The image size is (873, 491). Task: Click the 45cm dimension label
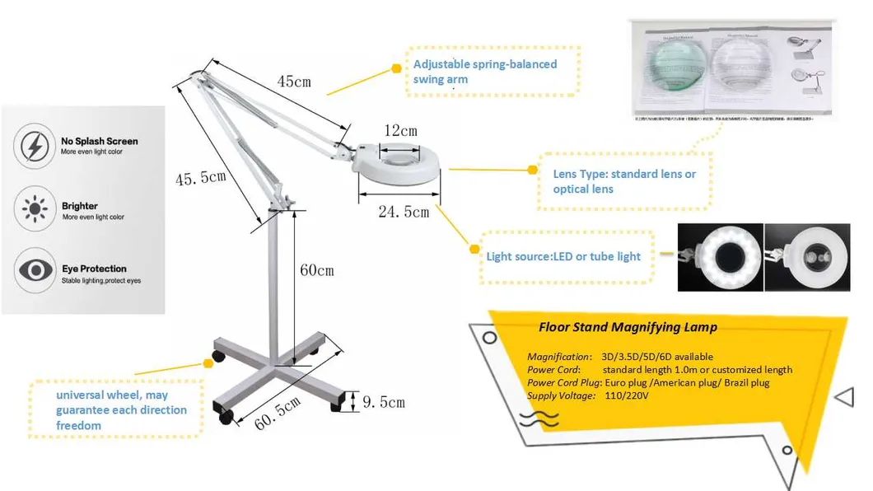click(x=293, y=82)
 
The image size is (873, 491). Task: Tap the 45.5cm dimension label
click(x=201, y=178)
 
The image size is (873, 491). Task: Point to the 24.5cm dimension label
click(x=404, y=213)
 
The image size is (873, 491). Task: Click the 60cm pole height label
click(x=317, y=270)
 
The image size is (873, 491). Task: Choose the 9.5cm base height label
click(x=384, y=402)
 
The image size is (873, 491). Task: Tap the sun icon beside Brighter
click(x=35, y=210)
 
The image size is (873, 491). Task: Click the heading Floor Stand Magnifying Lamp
click(x=628, y=327)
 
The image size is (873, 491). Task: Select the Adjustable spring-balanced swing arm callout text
click(x=485, y=72)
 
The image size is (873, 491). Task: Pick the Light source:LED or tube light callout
click(x=563, y=257)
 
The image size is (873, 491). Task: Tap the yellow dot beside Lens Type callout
click(x=532, y=171)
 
